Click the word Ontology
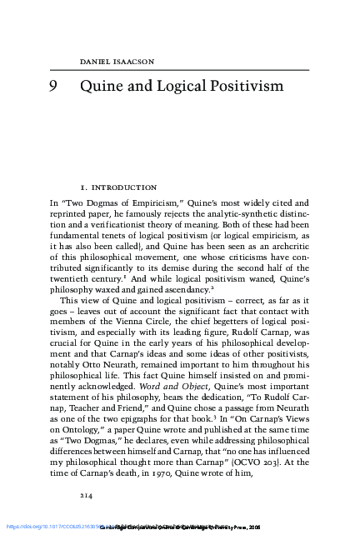click(94, 447)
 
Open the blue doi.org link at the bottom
click(42, 527)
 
